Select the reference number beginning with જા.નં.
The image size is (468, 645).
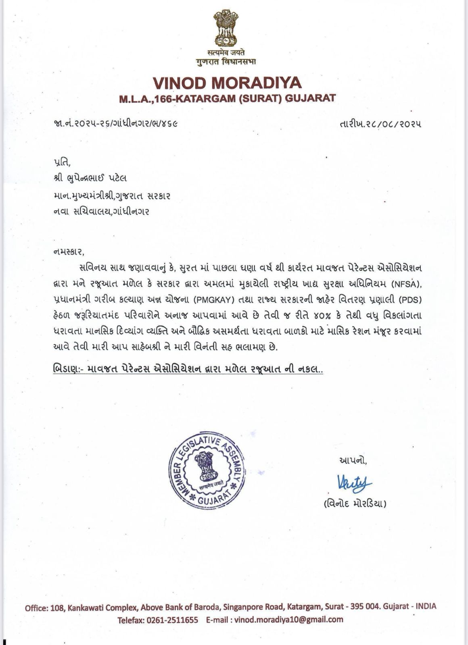click(115, 123)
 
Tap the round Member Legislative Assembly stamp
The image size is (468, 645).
click(206, 472)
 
